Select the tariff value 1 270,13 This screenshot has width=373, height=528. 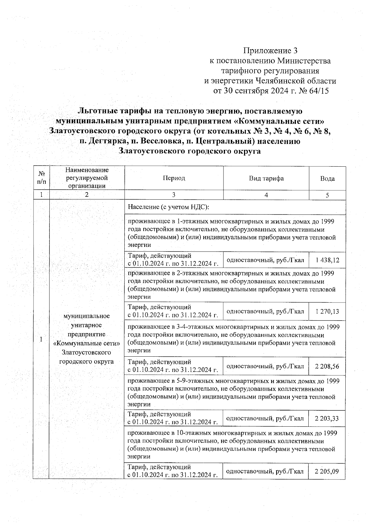(327, 311)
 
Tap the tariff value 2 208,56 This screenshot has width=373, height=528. (327, 366)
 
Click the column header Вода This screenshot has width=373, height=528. (327, 178)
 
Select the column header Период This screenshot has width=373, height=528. (174, 178)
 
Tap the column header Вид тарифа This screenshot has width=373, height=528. (266, 178)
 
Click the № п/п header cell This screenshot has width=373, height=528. (41, 178)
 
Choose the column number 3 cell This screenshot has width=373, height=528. (174, 195)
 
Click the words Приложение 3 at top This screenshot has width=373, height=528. (270, 50)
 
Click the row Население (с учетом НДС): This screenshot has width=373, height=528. (168, 207)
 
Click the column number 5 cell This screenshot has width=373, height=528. (327, 195)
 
